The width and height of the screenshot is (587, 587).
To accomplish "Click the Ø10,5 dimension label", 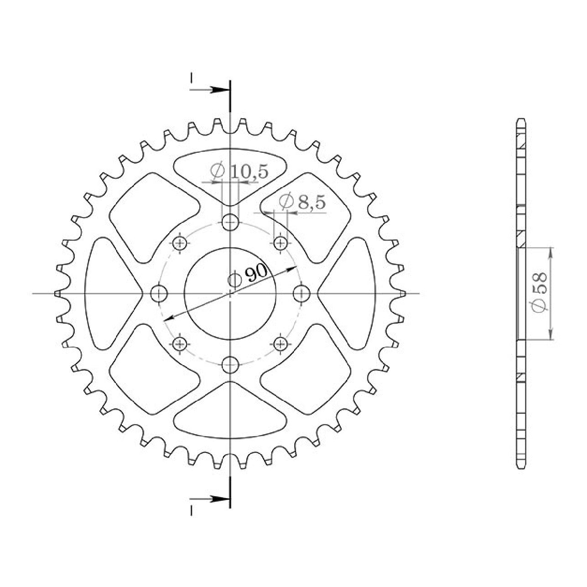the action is tap(239, 172).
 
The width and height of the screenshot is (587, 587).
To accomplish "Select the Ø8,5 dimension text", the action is tap(302, 201).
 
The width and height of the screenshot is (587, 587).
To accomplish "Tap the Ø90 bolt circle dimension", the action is tap(247, 276).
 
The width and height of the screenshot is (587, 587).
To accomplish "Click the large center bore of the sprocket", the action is tap(230, 293).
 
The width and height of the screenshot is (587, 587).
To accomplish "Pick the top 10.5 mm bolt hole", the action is tap(230, 222).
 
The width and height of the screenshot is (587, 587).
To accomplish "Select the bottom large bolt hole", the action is tap(230, 364).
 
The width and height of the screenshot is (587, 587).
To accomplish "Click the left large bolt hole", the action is tap(159, 294).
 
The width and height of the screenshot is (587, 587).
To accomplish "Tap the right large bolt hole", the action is tap(301, 294).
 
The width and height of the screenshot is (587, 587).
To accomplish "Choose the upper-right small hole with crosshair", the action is tap(280, 243).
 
